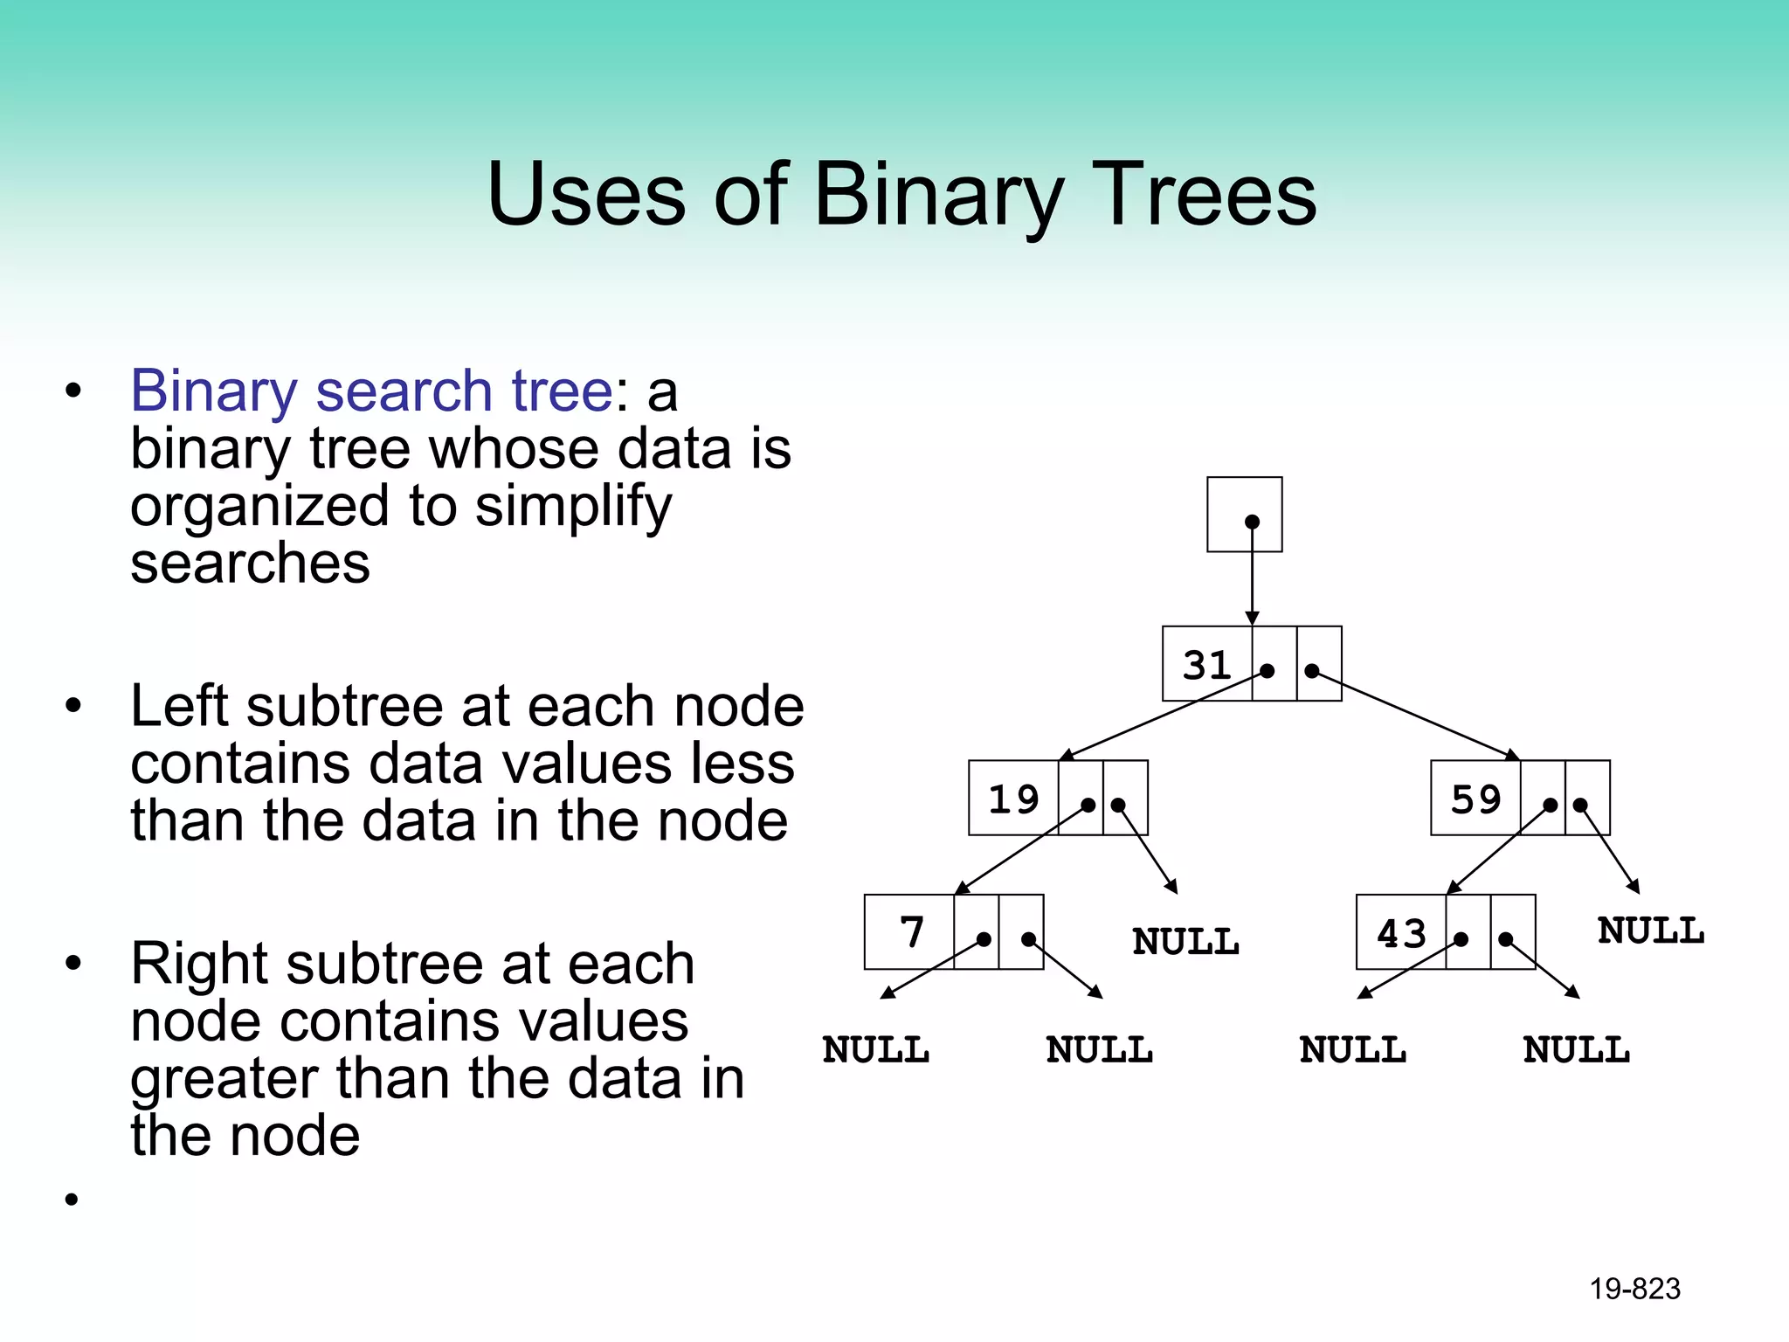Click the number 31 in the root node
[1206, 666]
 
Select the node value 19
[1013, 799]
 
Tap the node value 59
[1475, 799]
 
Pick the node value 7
[911, 932]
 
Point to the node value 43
[1401, 934]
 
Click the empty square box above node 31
[1244, 514]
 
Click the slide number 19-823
[1634, 1289]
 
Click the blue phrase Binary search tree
[371, 391]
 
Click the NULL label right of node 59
[1650, 931]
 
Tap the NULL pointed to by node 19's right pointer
[1185, 943]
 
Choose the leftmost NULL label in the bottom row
[875, 1050]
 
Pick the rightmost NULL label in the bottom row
[1576, 1050]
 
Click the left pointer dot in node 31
[1267, 671]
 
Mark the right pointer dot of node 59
[1580, 805]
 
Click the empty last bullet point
[72, 1200]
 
